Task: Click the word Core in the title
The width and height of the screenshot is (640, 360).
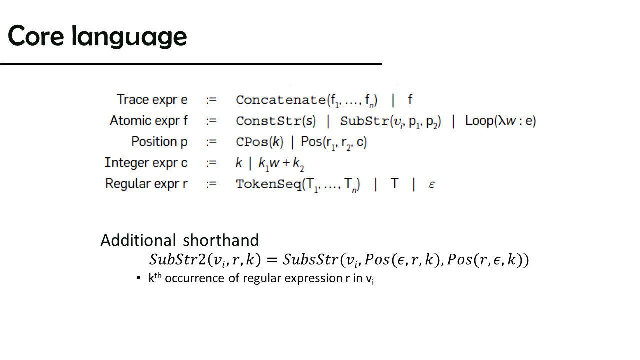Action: pyautogui.click(x=36, y=36)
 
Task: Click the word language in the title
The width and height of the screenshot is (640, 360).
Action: pyautogui.click(x=129, y=37)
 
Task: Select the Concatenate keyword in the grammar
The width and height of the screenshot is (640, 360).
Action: pyautogui.click(x=281, y=100)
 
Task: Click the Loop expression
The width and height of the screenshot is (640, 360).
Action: pyautogui.click(x=501, y=121)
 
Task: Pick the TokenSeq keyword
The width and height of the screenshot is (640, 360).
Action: pyautogui.click(x=269, y=184)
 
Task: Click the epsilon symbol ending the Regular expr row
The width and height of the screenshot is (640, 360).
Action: pyautogui.click(x=432, y=185)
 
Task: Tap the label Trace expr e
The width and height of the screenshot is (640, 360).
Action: pyautogui.click(x=152, y=100)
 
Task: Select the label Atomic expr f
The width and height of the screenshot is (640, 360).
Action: pyautogui.click(x=149, y=121)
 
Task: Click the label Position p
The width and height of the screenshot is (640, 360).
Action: pyautogui.click(x=159, y=142)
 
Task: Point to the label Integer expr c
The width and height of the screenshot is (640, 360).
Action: pyautogui.click(x=146, y=163)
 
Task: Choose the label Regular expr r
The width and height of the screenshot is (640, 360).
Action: pyautogui.click(x=146, y=183)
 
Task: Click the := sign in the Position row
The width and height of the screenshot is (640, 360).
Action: pyautogui.click(x=211, y=142)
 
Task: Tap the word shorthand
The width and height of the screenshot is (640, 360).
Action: pyautogui.click(x=221, y=240)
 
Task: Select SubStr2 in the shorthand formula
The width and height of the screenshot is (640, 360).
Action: pyautogui.click(x=177, y=259)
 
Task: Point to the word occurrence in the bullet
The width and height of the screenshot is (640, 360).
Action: pyautogui.click(x=194, y=278)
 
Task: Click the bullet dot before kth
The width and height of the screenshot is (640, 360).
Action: pyautogui.click(x=139, y=278)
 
